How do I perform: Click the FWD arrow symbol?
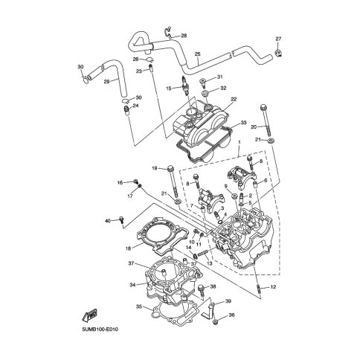tap(89, 315)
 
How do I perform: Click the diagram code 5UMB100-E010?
tap(100, 330)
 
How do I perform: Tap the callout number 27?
tap(278, 39)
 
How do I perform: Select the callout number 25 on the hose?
tap(197, 54)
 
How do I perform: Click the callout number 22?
tap(234, 100)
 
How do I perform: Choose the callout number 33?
tap(243, 123)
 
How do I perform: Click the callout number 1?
tap(240, 144)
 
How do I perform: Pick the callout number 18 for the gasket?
tap(128, 248)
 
